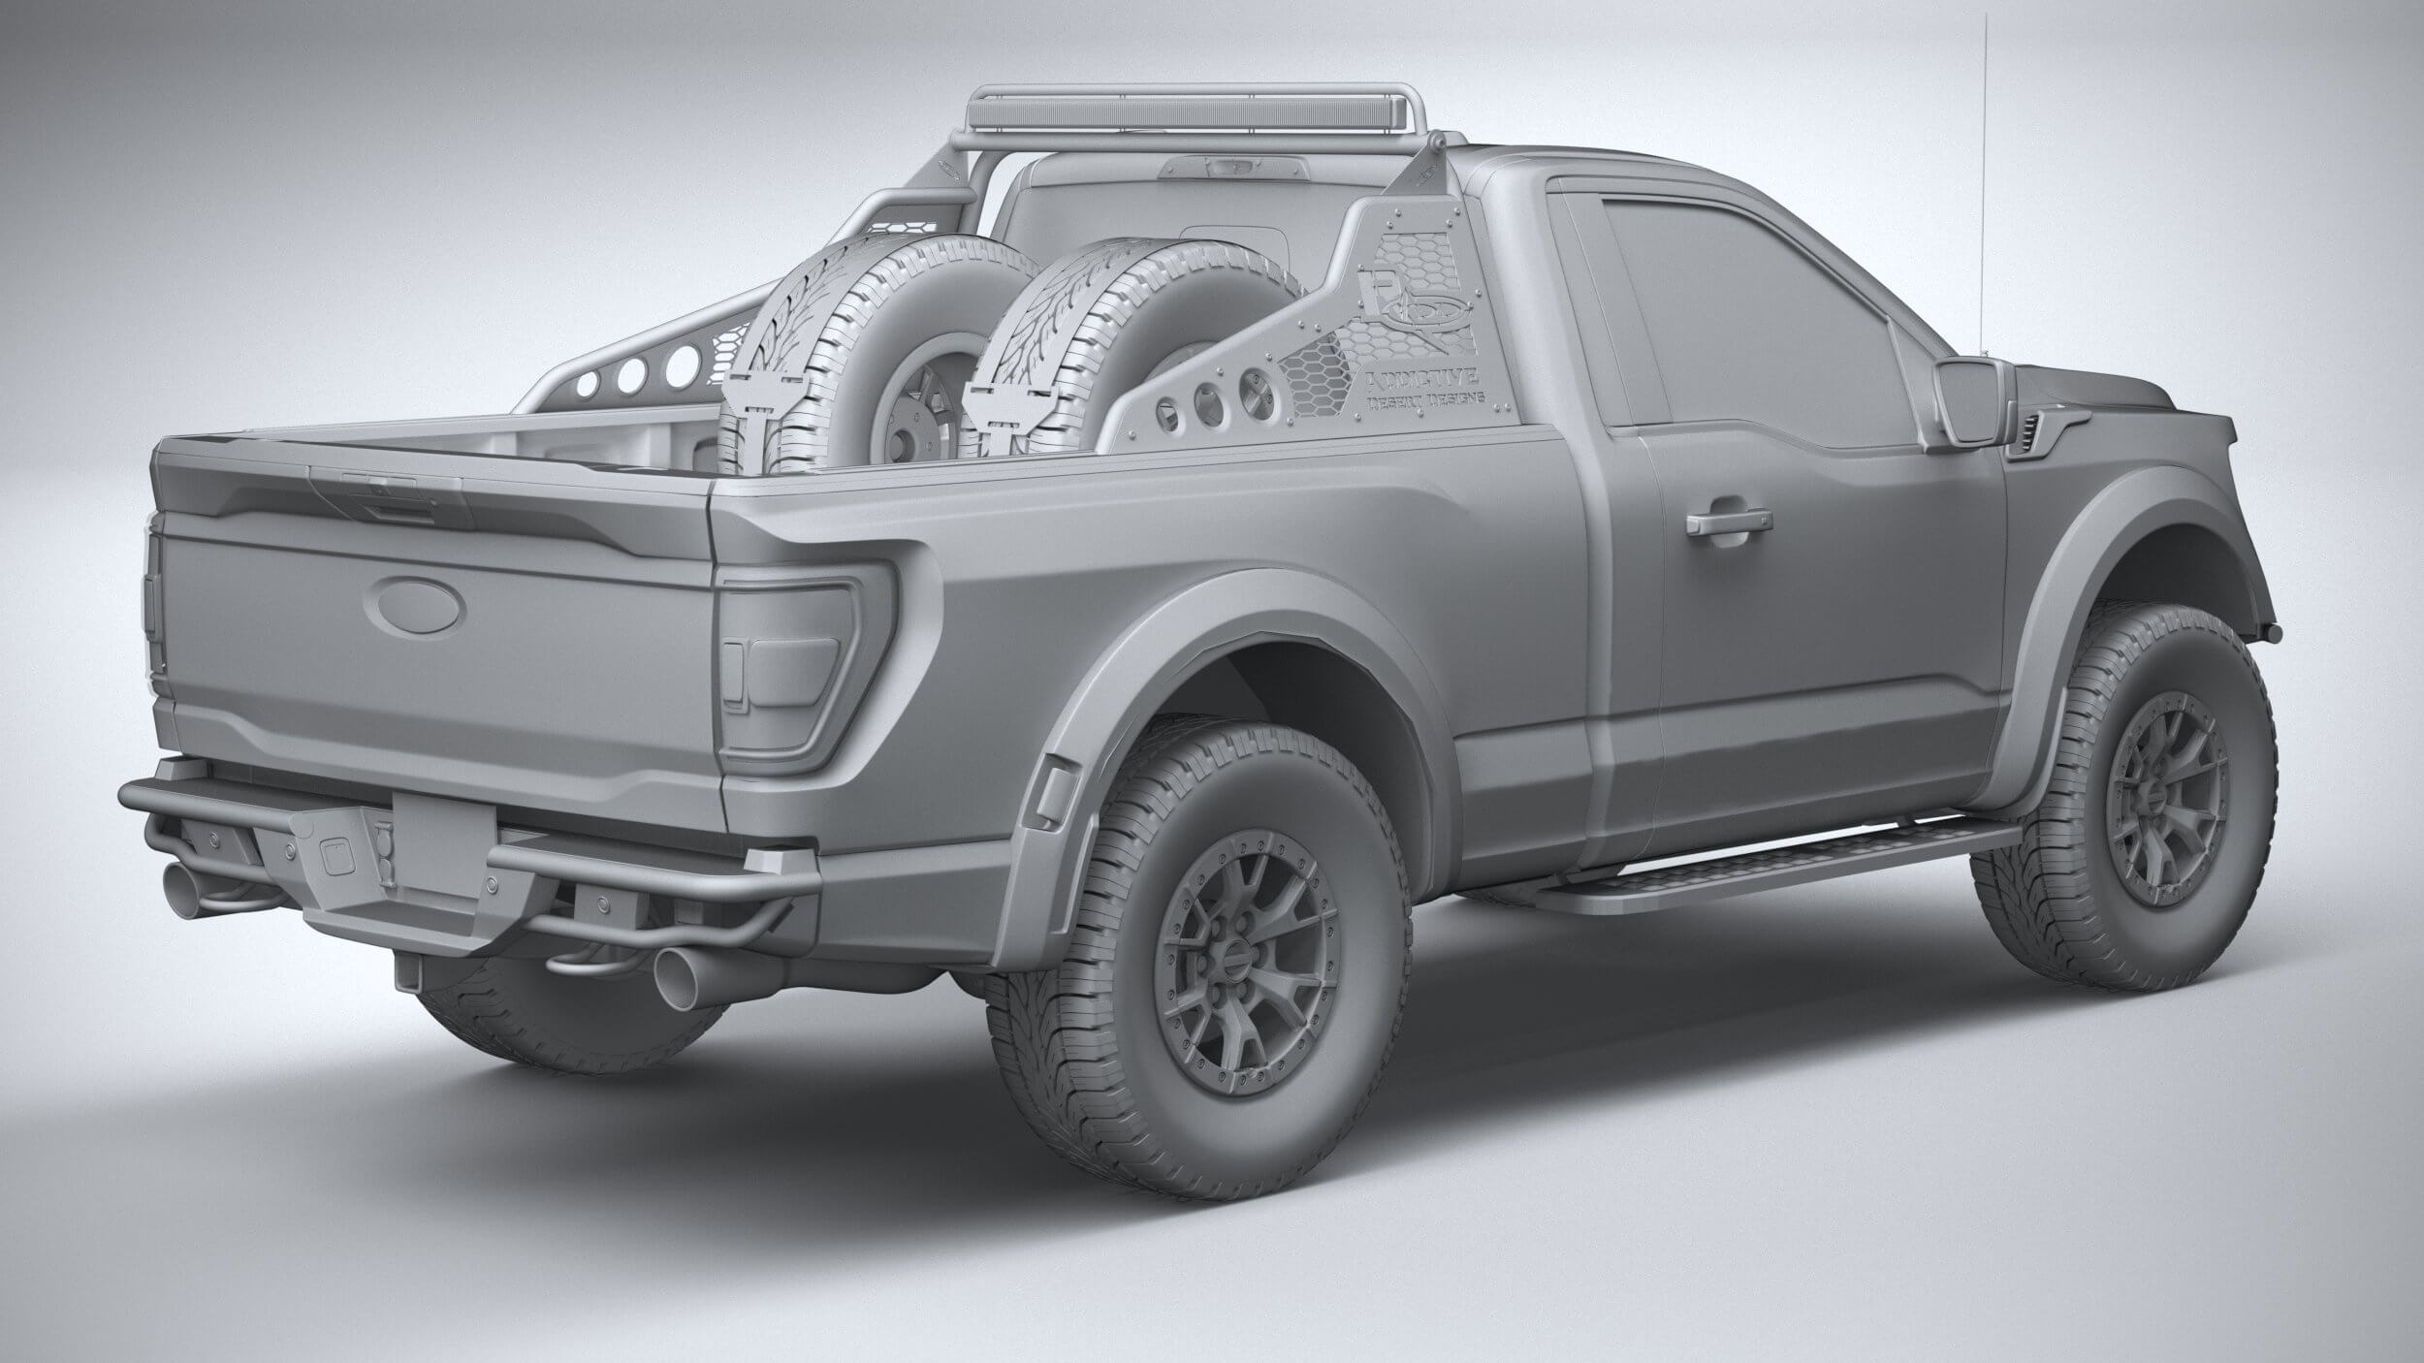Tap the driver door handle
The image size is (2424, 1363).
(x=1724, y=524)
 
